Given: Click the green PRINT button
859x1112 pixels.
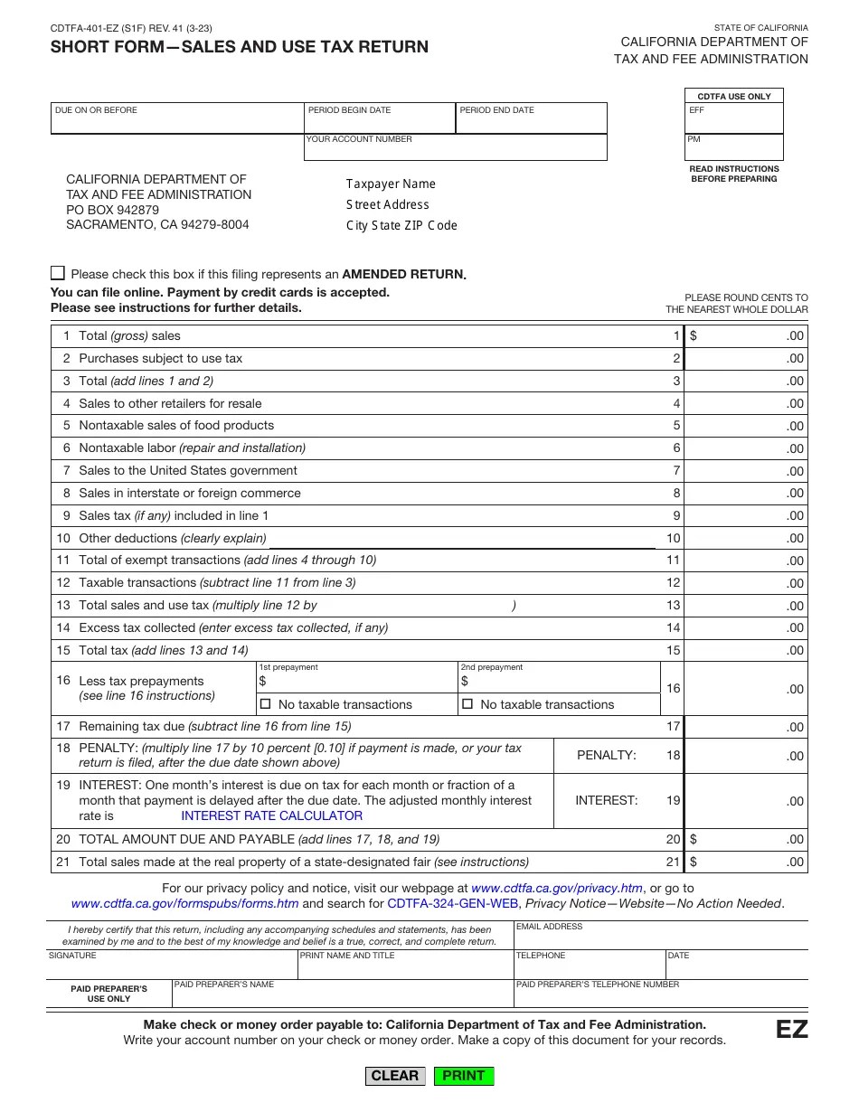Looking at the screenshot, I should [464, 1076].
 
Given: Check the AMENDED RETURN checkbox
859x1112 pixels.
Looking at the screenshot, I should [58, 273].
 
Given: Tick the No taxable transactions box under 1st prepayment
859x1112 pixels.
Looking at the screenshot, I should [266, 704].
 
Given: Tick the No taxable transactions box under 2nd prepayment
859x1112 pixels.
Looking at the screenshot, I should [467, 704].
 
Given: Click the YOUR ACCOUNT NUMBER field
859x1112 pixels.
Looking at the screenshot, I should [455, 151].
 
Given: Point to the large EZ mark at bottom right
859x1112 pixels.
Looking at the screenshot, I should [791, 1030].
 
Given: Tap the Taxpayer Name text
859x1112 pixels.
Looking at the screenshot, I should [391, 184].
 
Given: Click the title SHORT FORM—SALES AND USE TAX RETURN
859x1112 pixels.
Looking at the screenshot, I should [240, 46].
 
